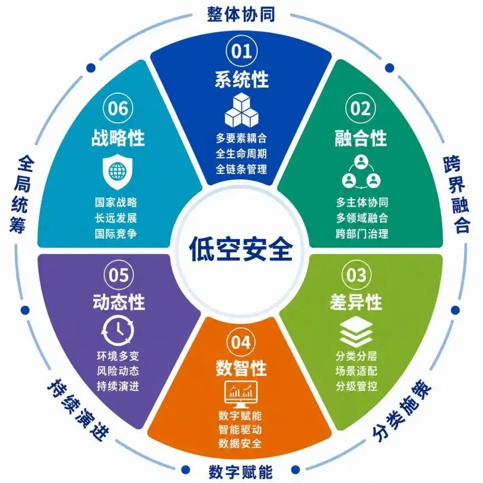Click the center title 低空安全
click(241, 249)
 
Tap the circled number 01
click(241, 51)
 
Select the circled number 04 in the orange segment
click(241, 341)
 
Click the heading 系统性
click(241, 79)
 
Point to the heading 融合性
click(360, 138)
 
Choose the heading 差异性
click(356, 302)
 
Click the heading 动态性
click(119, 302)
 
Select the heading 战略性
click(118, 137)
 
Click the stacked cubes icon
click(241, 110)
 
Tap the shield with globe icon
click(117, 172)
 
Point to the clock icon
click(118, 331)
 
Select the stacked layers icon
click(356, 331)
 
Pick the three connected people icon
click(361, 172)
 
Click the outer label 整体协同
click(241, 14)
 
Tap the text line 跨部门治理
click(362, 234)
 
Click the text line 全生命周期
click(241, 153)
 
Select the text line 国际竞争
click(116, 234)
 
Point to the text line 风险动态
click(118, 371)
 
